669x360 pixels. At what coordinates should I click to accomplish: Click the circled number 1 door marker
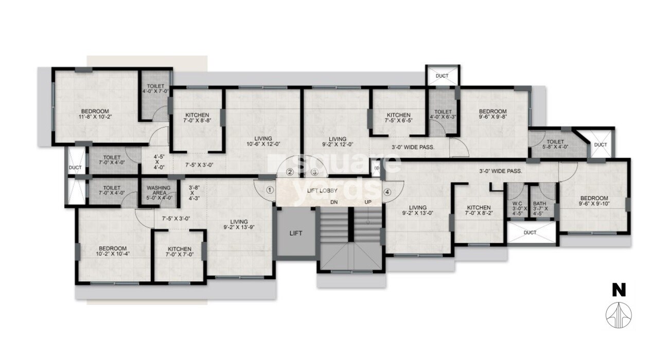tap(269, 189)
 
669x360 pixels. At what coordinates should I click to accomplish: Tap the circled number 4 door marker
tap(387, 192)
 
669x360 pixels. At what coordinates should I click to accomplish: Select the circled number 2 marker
tap(290, 172)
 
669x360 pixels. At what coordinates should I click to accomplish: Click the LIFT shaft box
tap(296, 233)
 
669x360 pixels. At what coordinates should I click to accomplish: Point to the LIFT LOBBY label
tap(322, 191)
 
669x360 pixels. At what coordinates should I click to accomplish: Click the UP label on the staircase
tap(368, 202)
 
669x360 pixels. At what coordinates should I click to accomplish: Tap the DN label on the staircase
tap(334, 202)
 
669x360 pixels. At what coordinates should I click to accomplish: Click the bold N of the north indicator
tap(619, 291)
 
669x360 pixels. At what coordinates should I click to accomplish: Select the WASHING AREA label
tap(159, 191)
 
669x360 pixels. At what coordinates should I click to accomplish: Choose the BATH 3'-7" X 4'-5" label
tap(540, 207)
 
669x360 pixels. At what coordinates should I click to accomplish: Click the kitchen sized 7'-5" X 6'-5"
tap(398, 118)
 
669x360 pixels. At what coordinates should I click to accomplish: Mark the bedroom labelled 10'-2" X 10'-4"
tap(113, 250)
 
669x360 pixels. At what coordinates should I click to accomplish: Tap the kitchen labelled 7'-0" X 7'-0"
tap(179, 252)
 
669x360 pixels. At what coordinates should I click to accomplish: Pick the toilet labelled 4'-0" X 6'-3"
tap(443, 115)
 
